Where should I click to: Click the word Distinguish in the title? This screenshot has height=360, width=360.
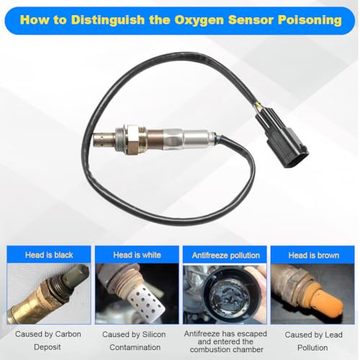107,20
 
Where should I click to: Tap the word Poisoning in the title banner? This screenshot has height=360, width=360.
310,20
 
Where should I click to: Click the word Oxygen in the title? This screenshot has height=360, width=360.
199,21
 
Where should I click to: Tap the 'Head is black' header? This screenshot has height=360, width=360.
49,255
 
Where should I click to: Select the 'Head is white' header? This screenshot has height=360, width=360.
137,255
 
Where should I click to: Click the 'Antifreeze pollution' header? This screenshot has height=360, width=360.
225,255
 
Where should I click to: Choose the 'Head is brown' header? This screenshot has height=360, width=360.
314,255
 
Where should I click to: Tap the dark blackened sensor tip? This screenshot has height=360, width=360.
77,275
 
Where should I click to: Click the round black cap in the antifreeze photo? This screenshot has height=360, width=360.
225,296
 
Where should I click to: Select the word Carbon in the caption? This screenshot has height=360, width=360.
68,334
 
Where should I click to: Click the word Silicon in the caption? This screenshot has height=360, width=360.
154,334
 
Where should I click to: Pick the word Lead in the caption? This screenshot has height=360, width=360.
334,335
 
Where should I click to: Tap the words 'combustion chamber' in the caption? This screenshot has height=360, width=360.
226,350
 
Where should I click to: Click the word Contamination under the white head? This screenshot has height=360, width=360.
135,347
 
